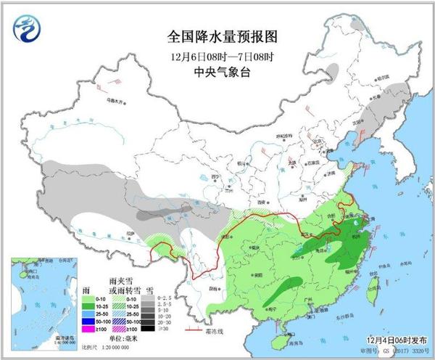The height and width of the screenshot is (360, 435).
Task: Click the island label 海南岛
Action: pos(296,337)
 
